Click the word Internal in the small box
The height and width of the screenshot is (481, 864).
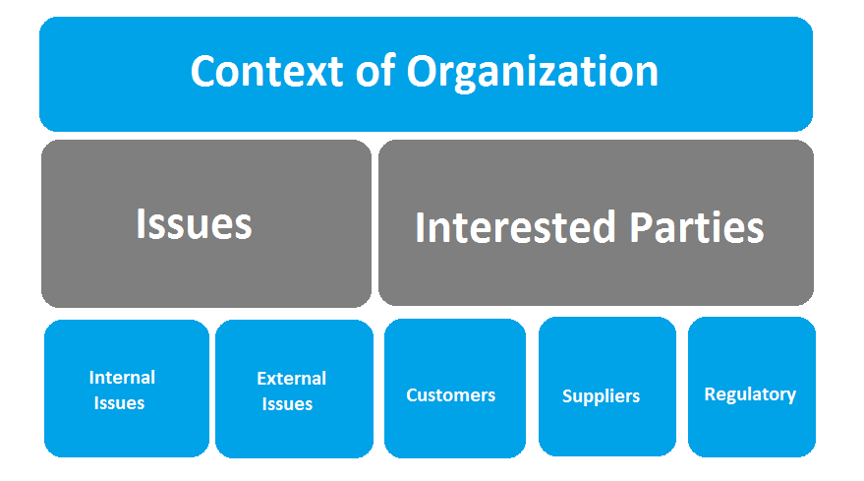[x=122, y=378]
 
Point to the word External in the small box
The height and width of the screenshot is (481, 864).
[x=291, y=379]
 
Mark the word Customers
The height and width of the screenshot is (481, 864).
[x=451, y=395]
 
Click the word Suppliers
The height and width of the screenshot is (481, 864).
[x=601, y=396]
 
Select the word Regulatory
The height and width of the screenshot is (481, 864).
[x=750, y=394]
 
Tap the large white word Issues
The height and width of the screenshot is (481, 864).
[x=194, y=224]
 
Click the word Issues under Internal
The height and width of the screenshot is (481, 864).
[x=120, y=403]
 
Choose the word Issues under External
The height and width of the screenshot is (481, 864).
[x=288, y=404]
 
